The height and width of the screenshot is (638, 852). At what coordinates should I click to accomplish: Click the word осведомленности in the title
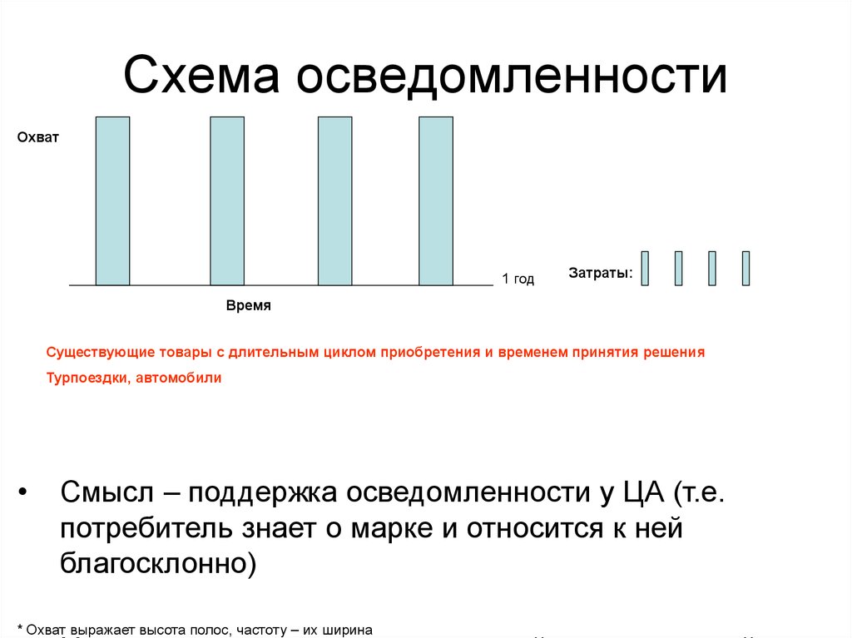pyautogui.click(x=508, y=76)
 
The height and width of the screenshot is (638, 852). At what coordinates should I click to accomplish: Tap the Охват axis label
pyautogui.click(x=38, y=137)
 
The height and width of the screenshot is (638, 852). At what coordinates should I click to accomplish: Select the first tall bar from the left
pyautogui.click(x=112, y=201)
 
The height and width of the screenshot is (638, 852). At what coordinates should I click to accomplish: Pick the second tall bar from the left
pyautogui.click(x=227, y=201)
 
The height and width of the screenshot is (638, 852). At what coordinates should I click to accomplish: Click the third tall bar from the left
pyautogui.click(x=334, y=201)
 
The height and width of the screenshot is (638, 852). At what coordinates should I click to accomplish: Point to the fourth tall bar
pyautogui.click(x=436, y=201)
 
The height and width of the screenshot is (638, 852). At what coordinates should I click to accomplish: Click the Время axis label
pyautogui.click(x=249, y=306)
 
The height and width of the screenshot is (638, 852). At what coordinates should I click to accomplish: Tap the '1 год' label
pyautogui.click(x=518, y=279)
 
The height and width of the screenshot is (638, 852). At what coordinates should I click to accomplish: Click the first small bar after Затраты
pyautogui.click(x=645, y=268)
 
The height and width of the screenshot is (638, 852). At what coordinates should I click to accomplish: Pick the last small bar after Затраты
pyautogui.click(x=745, y=268)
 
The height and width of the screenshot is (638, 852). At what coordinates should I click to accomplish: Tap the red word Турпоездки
pyautogui.click(x=84, y=378)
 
